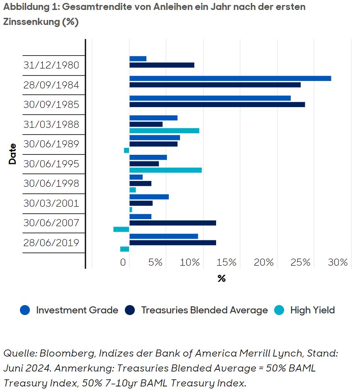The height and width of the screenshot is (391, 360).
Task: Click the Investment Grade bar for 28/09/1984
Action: click(230, 78)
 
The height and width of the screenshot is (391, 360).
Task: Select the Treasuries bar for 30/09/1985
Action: click(217, 105)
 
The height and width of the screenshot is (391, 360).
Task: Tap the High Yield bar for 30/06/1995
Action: click(165, 170)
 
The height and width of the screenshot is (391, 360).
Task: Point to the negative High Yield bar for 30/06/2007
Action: click(121, 229)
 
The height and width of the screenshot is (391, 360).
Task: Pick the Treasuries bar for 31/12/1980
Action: click(162, 65)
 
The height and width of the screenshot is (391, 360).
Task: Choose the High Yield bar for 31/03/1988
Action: click(164, 131)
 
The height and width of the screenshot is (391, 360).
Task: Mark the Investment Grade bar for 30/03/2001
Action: click(149, 197)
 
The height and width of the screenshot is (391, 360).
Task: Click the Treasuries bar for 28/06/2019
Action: click(173, 242)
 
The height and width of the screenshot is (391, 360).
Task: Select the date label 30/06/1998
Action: click(51, 183)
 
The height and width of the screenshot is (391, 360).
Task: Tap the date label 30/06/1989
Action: click(51, 144)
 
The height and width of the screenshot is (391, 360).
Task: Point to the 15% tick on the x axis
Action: click(226, 262)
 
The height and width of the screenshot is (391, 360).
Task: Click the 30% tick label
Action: click(337, 262)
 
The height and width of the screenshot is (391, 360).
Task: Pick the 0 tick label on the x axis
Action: click(123, 262)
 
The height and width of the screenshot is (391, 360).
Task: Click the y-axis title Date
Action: click(12, 154)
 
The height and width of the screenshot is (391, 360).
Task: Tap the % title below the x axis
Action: click(221, 279)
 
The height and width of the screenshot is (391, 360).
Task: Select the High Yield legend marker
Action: click(279, 310)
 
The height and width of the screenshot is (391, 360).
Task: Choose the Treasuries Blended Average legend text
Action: click(204, 310)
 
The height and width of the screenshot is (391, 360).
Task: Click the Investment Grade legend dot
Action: click(25, 310)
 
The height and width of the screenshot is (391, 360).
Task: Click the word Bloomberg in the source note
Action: click(62, 353)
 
